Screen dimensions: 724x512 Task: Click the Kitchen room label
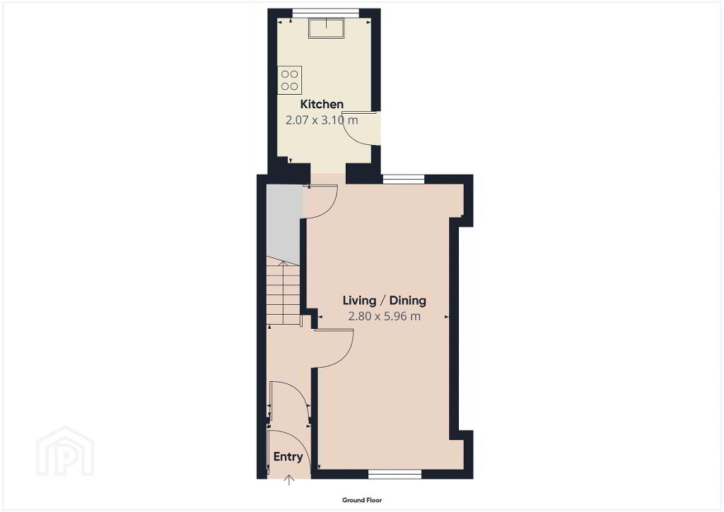[322, 104]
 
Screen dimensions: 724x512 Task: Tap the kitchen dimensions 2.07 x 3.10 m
[322, 120]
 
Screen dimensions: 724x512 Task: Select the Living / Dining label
[384, 301]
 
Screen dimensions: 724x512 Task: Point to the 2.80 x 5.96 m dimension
[384, 316]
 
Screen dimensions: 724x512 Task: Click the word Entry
[288, 457]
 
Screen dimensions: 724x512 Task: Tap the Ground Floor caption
[362, 500]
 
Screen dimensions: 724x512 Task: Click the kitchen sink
[327, 28]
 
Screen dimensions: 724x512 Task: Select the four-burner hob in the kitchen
[289, 80]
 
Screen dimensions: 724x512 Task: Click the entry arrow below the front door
[289, 479]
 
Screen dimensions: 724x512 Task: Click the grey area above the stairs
[284, 224]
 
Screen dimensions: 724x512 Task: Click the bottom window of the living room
[395, 474]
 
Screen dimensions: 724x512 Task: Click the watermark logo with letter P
[65, 451]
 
